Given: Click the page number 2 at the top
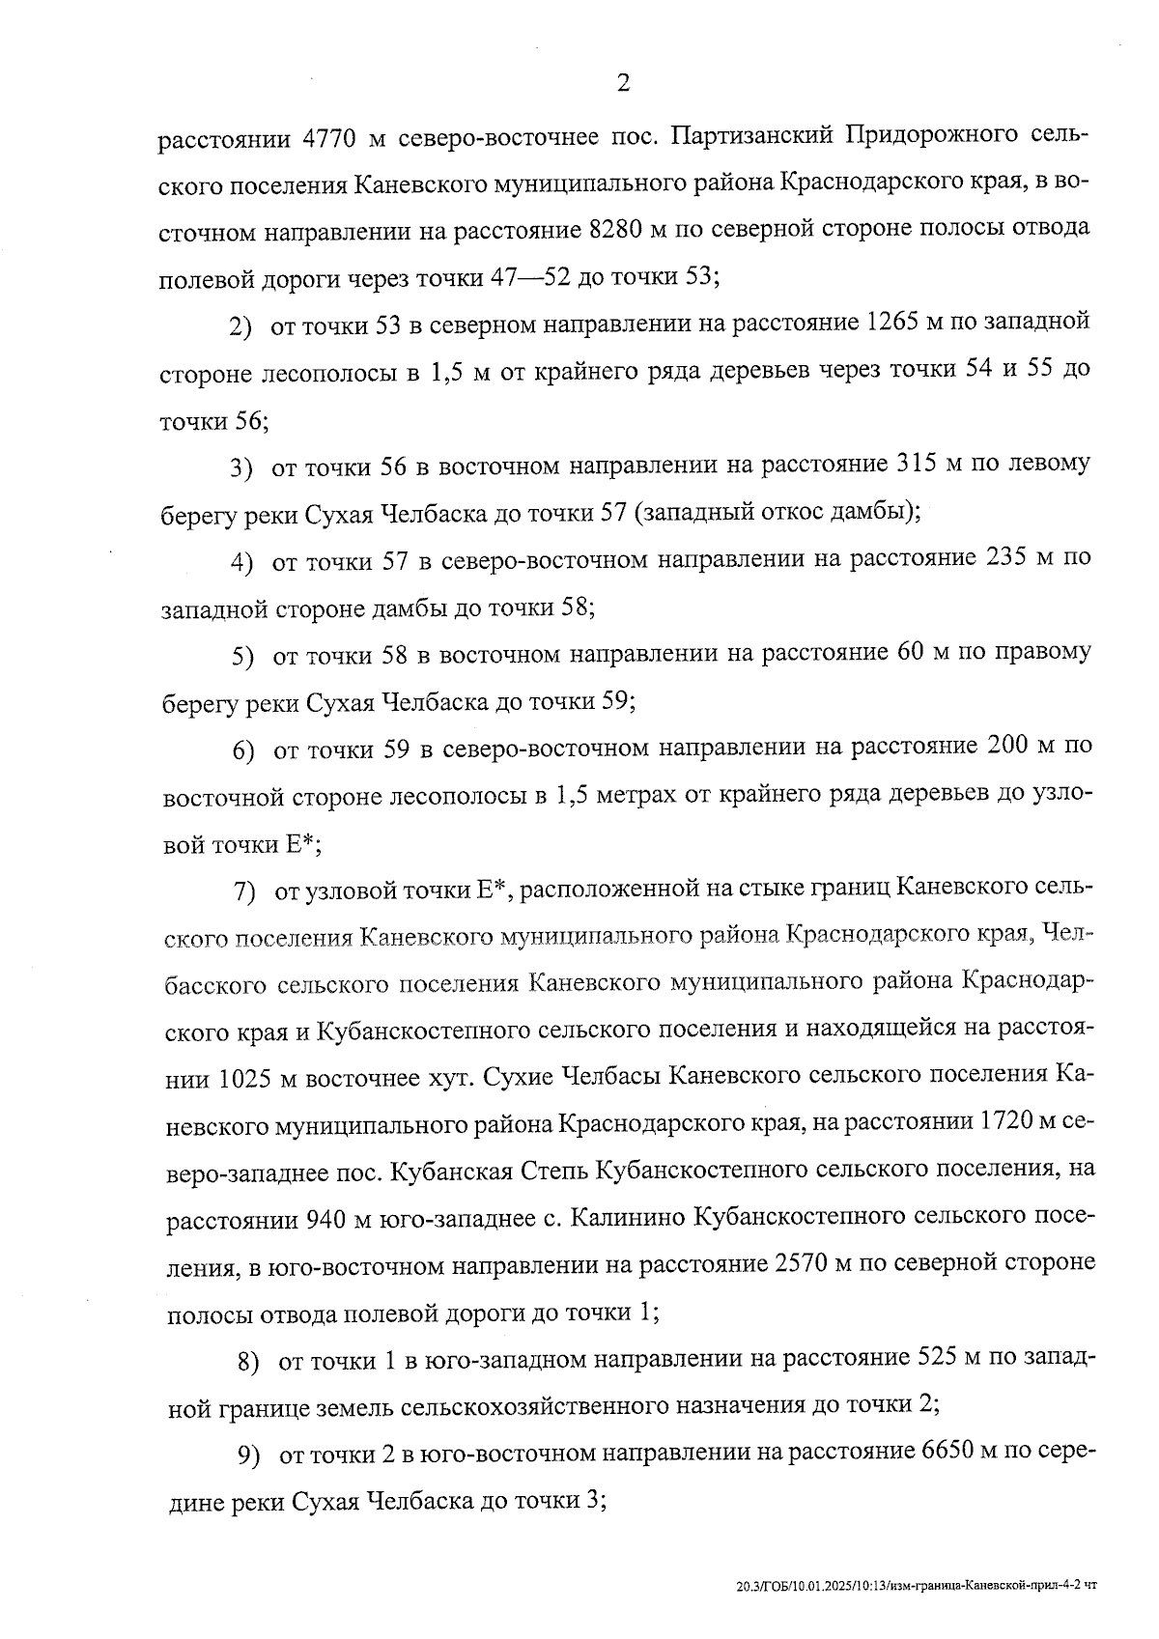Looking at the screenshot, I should [x=622, y=84].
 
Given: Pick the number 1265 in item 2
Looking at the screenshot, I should [x=899, y=322].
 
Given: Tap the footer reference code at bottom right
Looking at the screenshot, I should [x=916, y=1586].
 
